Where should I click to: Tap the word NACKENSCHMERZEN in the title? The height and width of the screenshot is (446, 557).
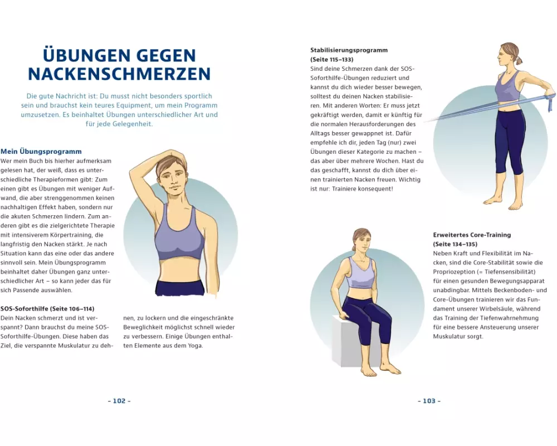119,74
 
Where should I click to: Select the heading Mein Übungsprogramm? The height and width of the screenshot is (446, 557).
41,152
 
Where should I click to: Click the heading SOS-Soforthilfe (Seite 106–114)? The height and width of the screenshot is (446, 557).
47,309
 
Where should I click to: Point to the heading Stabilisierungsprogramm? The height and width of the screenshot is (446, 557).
349,50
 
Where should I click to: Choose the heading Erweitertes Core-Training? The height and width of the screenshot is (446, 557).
472,235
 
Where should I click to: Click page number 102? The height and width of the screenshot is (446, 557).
119,401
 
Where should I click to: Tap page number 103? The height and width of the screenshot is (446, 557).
429,401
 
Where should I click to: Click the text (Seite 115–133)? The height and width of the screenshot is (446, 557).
332,60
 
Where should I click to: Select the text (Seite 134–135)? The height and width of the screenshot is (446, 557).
455,244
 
